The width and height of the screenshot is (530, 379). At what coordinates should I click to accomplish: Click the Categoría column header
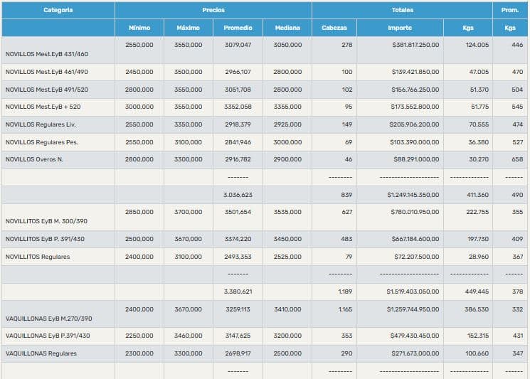click(x=58, y=10)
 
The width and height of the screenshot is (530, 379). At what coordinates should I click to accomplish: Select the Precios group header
click(x=213, y=10)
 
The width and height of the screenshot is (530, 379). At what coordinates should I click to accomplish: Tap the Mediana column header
click(x=287, y=28)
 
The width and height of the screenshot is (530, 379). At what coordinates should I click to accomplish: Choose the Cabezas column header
click(x=334, y=28)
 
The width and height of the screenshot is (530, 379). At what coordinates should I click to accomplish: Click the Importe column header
click(x=399, y=28)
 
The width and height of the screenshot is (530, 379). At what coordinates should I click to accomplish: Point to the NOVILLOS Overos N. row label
click(x=34, y=159)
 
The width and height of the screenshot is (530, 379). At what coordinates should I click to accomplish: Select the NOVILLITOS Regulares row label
click(x=38, y=257)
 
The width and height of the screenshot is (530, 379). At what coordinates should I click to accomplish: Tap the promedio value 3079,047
click(x=238, y=45)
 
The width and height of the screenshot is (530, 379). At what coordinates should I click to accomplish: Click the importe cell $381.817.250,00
click(x=415, y=45)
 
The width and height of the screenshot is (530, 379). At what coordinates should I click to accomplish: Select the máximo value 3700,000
click(x=188, y=212)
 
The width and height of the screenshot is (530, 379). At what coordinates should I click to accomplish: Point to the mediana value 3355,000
click(x=287, y=107)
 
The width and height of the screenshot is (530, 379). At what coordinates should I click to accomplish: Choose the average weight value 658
click(x=517, y=159)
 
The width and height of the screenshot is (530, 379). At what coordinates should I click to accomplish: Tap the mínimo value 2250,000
click(x=139, y=336)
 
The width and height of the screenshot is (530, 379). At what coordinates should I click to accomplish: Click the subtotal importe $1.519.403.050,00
click(x=413, y=292)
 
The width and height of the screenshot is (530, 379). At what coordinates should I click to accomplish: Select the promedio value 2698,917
click(x=238, y=353)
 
